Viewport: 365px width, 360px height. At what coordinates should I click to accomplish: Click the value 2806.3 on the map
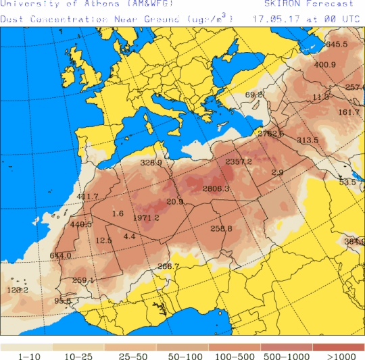(216, 188)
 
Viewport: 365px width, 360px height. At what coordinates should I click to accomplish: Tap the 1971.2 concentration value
(146, 218)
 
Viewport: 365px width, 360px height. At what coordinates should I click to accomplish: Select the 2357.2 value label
(239, 161)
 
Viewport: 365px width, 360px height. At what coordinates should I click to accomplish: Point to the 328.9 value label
(151, 163)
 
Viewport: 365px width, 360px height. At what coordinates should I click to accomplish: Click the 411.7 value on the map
(88, 197)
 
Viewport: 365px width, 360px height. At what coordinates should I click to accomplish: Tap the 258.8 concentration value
(221, 229)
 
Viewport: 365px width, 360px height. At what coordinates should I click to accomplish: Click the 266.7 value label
(168, 266)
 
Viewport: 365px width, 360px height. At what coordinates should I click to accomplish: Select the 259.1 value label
(83, 280)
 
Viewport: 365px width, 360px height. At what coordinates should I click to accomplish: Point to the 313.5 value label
(308, 140)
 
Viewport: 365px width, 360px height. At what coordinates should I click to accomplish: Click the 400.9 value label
(325, 65)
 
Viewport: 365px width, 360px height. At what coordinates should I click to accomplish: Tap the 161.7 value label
(349, 112)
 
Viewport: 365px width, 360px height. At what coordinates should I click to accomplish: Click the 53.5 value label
(347, 182)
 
